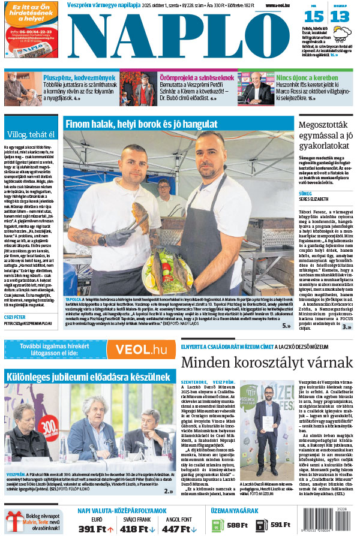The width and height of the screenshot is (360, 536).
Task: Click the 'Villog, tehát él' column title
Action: [30, 134]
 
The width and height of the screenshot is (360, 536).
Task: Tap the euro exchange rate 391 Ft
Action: [95, 529]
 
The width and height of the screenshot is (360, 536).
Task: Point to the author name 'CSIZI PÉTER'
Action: [17, 316]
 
